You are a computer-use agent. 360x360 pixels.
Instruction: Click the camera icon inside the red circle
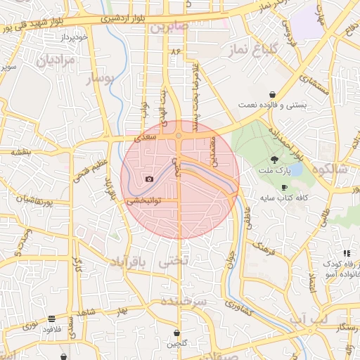pos(149,179)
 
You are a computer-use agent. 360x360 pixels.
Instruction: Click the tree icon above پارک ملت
pos(274,160)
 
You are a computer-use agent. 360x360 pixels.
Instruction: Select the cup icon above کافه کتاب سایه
pos(284,188)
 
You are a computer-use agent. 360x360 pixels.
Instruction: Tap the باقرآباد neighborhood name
pos(130,262)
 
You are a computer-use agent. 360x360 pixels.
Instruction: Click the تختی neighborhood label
pos(175,262)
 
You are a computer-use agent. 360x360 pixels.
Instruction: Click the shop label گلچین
pos(176,344)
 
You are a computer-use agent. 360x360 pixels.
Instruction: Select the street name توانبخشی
pos(143,200)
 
